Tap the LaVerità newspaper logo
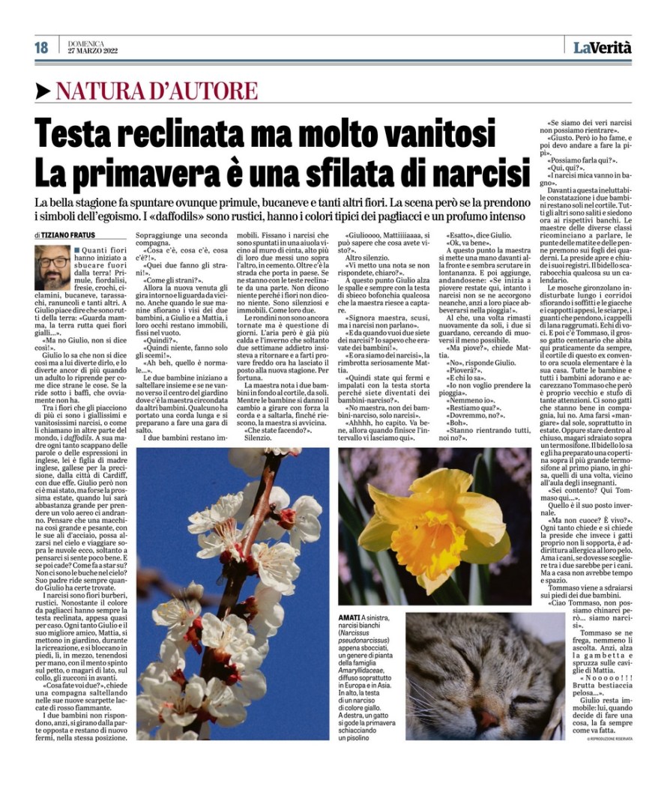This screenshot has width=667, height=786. point(603,48)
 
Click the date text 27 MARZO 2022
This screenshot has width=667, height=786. point(93,52)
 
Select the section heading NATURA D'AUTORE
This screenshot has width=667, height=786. point(157,91)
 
